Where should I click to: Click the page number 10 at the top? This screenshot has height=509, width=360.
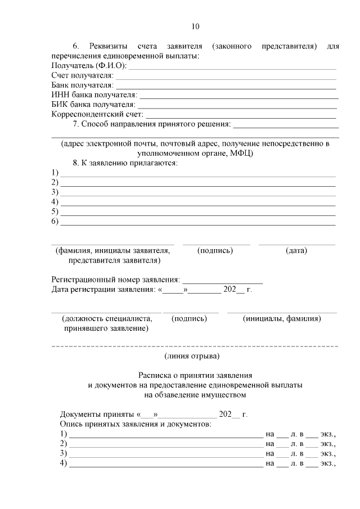pyautogui.click(x=195, y=26)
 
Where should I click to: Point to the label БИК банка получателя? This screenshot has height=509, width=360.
pyautogui.click(x=93, y=105)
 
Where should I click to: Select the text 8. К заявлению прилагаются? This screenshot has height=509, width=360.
pyautogui.click(x=125, y=163)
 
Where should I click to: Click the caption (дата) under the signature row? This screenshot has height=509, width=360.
pyautogui.click(x=296, y=251)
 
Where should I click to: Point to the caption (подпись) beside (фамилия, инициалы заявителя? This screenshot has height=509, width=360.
pyautogui.click(x=215, y=251)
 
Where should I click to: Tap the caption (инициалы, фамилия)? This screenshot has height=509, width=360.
pyautogui.click(x=282, y=318)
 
